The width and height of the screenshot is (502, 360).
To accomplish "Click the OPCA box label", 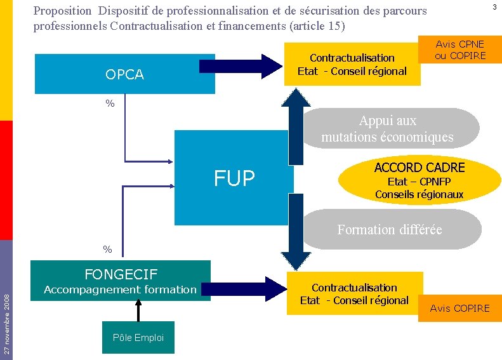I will click(x=124, y=74).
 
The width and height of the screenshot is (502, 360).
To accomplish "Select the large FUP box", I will click(x=234, y=178).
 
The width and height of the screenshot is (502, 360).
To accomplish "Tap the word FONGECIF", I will click(x=121, y=274).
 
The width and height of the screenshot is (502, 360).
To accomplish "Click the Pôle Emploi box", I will click(x=138, y=338).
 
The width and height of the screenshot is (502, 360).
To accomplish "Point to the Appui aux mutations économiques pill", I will click(x=387, y=129).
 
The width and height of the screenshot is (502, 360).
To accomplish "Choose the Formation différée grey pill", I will click(x=390, y=229).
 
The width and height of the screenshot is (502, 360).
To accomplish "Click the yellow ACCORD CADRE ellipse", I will click(x=419, y=180).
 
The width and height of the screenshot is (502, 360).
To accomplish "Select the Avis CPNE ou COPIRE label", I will click(x=460, y=50).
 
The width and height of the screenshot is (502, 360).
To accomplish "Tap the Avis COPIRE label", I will click(x=459, y=308).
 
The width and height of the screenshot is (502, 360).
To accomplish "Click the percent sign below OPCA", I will click(x=110, y=103).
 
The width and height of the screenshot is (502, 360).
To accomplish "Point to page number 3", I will click(x=494, y=7).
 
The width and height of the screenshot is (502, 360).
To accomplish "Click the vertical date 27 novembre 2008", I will click(x=6, y=321).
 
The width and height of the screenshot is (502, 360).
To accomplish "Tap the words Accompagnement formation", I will click(x=120, y=290).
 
